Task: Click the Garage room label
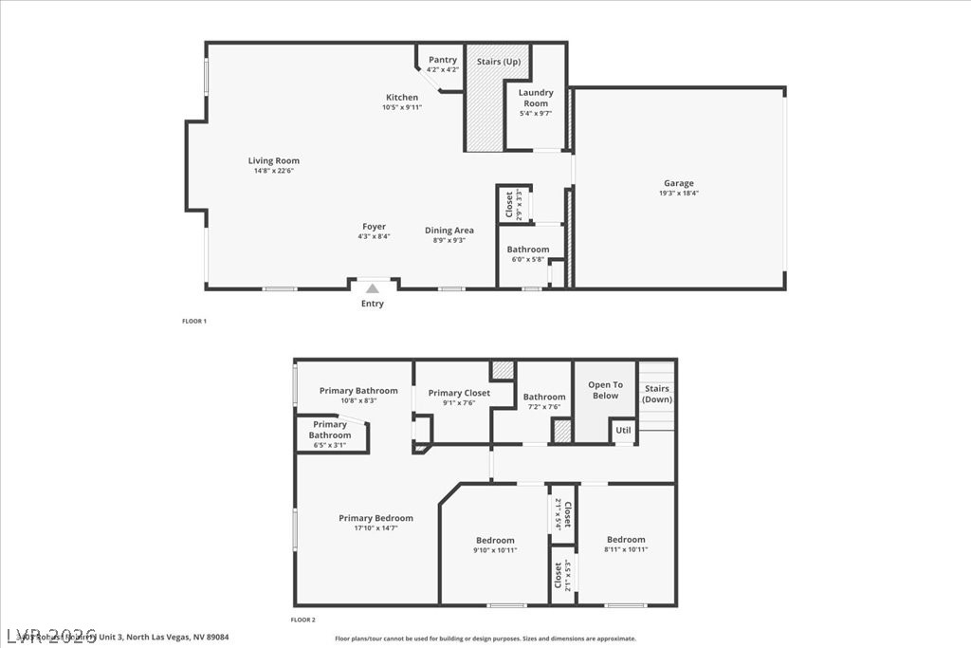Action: (678, 183)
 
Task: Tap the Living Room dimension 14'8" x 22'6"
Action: (274, 171)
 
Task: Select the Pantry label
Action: (442, 60)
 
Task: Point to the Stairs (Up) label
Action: (499, 62)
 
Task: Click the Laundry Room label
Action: (536, 98)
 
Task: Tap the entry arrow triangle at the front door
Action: (373, 288)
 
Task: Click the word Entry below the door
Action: (373, 304)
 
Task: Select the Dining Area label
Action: (449, 231)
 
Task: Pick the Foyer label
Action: (374, 227)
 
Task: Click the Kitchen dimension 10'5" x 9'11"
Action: (402, 107)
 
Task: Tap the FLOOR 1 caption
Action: (194, 321)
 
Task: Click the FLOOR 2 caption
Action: (303, 620)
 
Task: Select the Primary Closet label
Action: (459, 393)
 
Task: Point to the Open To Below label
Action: (605, 390)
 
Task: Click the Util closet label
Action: (623, 430)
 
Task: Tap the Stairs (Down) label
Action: (657, 394)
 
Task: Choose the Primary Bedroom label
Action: (376, 518)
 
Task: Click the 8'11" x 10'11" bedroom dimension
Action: (626, 549)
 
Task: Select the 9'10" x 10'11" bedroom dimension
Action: (495, 550)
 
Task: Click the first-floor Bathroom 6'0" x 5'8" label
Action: (527, 259)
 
